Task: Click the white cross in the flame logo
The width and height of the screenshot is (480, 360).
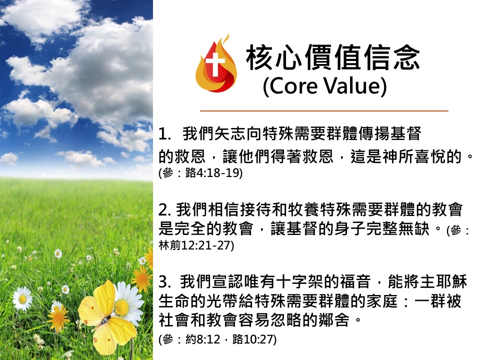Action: (x=215, y=64)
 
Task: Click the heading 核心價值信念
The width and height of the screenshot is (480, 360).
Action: (x=333, y=57)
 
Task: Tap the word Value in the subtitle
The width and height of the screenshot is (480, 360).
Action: (x=352, y=85)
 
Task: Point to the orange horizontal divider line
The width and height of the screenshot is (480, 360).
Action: (x=324, y=110)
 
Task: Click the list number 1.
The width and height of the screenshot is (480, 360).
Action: (x=165, y=134)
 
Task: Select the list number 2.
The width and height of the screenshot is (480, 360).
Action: (x=164, y=210)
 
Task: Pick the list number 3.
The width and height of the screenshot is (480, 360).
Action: (x=164, y=282)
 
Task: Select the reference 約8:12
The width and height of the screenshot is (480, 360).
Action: (x=202, y=339)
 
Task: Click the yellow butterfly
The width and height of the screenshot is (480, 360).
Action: (x=107, y=318)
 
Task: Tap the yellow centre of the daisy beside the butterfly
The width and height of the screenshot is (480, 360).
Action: (x=121, y=307)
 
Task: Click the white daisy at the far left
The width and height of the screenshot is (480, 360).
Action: (x=22, y=299)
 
